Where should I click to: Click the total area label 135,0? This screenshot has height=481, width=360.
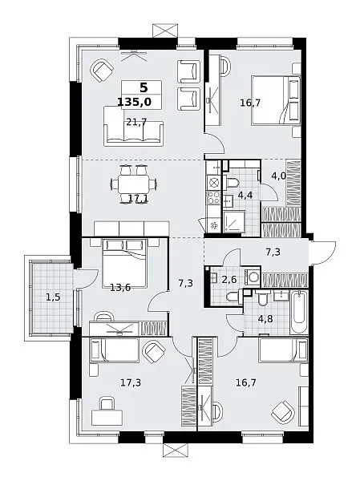(135, 102)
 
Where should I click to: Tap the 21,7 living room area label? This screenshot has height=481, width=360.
(136, 122)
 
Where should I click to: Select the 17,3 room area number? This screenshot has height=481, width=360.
(131, 382)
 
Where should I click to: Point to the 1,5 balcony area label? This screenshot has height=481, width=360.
(53, 297)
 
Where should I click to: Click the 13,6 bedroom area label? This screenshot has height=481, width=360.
(120, 288)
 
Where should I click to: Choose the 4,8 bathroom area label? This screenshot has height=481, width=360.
(265, 319)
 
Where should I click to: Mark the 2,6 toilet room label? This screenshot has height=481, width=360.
(229, 279)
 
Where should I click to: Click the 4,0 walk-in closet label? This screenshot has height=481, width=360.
(279, 176)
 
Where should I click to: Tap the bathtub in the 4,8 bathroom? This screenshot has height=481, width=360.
(298, 312)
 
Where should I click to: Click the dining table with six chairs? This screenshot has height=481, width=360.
(134, 184)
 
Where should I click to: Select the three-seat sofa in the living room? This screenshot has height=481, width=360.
(133, 126)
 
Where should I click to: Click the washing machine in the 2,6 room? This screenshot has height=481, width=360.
(253, 277)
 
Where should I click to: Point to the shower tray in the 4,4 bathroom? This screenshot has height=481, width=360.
(234, 221)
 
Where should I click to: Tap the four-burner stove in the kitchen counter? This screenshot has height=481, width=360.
(213, 197)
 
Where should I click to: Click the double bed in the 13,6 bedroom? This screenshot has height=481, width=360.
(124, 263)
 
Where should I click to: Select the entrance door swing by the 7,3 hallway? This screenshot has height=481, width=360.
(322, 253)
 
